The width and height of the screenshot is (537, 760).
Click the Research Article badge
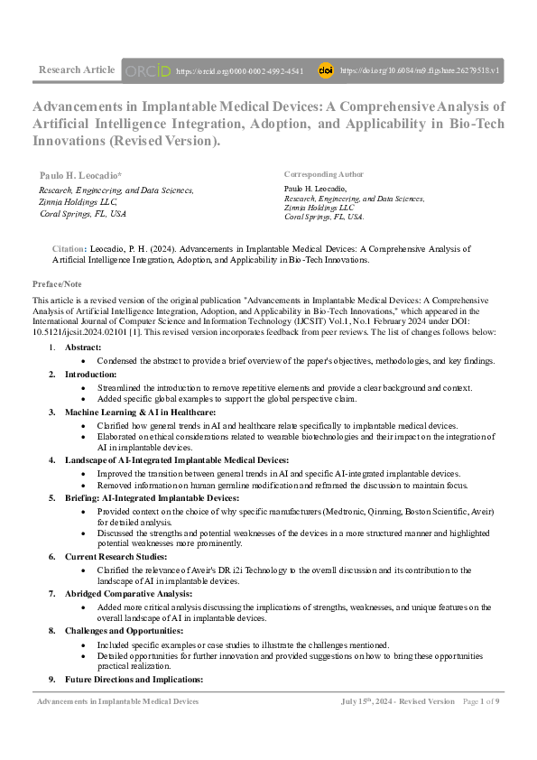pos(77,70)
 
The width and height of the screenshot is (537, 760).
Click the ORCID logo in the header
pos(147,70)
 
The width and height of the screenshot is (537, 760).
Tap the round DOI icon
pos(326,70)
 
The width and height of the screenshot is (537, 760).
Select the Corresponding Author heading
pos(323,174)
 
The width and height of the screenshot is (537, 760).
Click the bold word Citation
pos(69,247)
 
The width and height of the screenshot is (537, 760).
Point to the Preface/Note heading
pos(57,284)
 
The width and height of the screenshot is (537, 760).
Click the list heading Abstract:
pos(82,348)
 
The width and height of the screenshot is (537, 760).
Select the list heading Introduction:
pos(90,374)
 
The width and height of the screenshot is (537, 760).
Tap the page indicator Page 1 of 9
pos(481,701)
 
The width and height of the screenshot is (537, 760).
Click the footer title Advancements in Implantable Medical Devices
pos(117,701)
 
